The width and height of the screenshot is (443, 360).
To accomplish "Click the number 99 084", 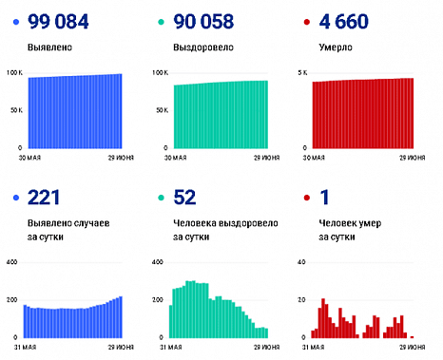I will (64, 21).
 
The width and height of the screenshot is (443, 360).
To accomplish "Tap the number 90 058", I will (210, 21).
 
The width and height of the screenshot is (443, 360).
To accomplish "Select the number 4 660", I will (350, 21).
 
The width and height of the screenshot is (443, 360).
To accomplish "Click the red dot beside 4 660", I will (305, 21).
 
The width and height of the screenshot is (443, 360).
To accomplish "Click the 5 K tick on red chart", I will (303, 73).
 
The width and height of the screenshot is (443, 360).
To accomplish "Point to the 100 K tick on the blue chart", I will (12, 73).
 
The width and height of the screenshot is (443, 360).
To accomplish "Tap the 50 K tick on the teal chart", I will (161, 111).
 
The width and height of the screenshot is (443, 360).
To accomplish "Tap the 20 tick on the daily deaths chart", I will (302, 299).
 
